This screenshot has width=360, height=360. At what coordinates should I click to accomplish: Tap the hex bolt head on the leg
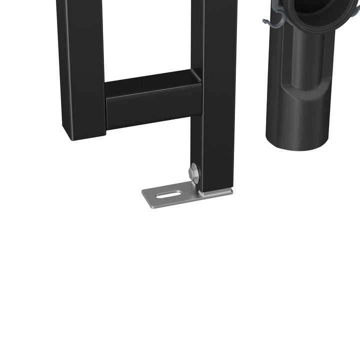[194, 173]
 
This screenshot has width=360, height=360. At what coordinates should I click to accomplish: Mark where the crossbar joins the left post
[106, 107]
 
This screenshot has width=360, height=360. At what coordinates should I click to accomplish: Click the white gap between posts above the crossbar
[147, 35]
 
